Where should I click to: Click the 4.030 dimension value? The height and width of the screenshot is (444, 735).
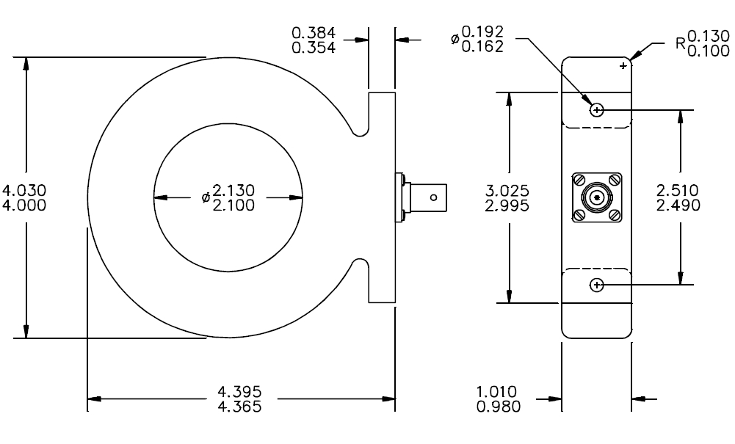(x=24, y=190)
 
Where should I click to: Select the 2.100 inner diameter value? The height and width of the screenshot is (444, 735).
(x=233, y=205)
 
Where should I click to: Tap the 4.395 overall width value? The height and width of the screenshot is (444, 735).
(x=239, y=391)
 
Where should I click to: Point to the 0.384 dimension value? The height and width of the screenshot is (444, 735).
(x=314, y=33)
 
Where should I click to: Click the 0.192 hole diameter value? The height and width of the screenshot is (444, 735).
(x=482, y=32)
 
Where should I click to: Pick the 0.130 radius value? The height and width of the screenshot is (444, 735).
(x=709, y=36)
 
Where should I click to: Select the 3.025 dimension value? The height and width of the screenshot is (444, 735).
(x=507, y=191)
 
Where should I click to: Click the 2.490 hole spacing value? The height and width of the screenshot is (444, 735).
(x=678, y=205)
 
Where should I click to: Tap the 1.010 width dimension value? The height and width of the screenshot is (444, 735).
(x=496, y=392)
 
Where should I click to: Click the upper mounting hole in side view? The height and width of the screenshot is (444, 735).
(x=597, y=110)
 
